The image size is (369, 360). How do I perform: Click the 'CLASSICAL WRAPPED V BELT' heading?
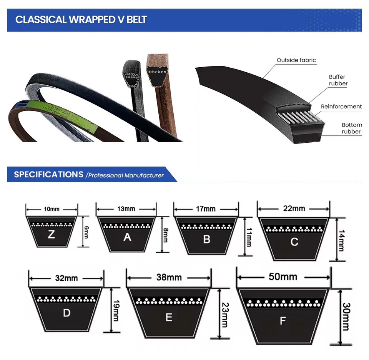click(81, 20)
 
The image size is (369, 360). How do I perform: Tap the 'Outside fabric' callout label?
click(296, 60)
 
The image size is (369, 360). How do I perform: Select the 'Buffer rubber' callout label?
click(338, 80)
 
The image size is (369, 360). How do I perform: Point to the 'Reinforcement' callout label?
click(341, 107)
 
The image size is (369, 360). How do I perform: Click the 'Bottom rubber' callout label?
click(351, 128)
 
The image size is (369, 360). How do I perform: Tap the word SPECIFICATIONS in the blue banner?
click(48, 175)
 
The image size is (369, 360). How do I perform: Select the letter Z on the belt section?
click(51, 234)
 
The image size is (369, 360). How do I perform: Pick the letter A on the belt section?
click(127, 237)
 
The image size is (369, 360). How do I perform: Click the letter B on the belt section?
click(207, 239)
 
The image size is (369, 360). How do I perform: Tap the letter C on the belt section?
click(294, 242)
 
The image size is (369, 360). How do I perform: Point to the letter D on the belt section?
click(67, 313)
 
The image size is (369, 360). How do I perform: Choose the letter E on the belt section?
click(169, 317)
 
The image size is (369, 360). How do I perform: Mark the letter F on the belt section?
click(283, 320)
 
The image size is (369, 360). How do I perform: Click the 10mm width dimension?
click(52, 209)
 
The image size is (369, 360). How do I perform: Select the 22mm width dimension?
click(294, 208)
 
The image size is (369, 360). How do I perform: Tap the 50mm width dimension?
click(283, 277)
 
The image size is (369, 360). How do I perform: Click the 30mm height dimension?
click(346, 316)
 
